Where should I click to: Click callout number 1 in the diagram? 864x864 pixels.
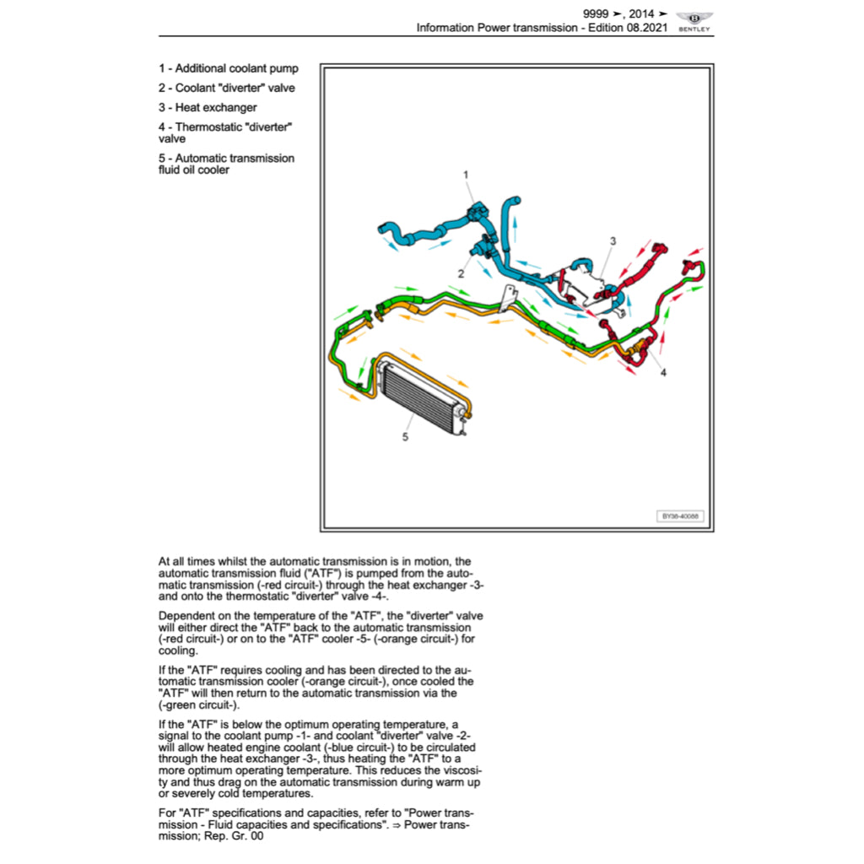coord(466,175)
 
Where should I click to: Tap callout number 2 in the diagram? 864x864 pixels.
coord(461,273)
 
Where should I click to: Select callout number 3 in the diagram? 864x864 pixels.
coord(613,241)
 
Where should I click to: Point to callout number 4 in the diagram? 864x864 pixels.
coord(662,372)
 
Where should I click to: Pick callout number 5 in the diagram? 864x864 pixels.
coord(405,437)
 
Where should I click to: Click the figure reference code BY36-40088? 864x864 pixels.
coord(680,516)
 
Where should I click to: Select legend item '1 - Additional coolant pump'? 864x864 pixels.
coord(228,68)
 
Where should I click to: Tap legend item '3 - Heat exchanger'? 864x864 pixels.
coord(208,107)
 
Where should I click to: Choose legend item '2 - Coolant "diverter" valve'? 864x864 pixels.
coord(226,88)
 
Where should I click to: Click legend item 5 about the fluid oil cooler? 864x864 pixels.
coord(226,164)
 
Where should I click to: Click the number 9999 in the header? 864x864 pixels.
coord(597,13)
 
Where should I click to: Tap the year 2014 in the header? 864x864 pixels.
coord(641,13)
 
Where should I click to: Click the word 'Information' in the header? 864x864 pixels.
coord(445,28)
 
